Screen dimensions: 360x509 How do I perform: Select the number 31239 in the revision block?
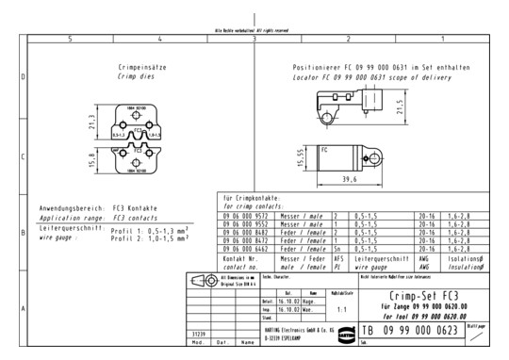pyautogui.click(x=199, y=333)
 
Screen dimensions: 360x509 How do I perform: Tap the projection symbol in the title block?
pyautogui.click(x=202, y=282)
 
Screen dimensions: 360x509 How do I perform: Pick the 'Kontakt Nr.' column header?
pyautogui.click(x=240, y=257)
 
